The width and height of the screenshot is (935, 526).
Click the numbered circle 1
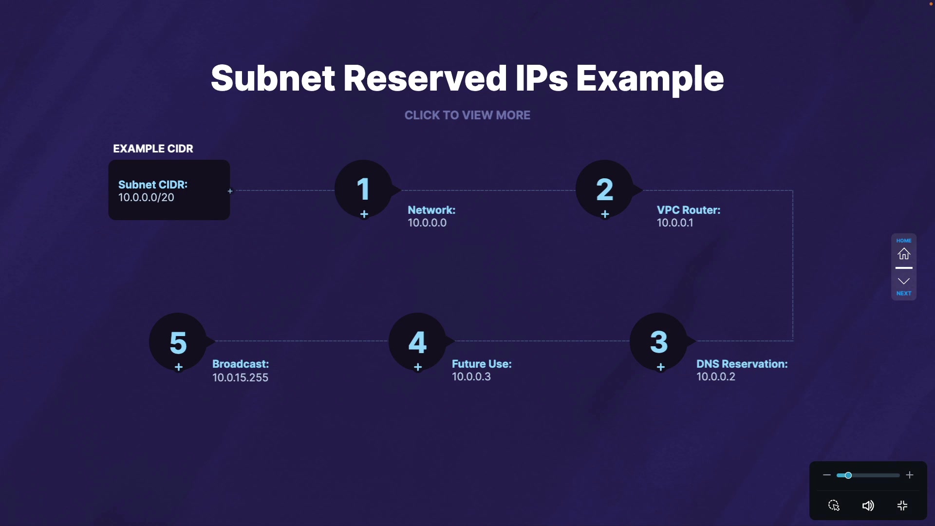click(x=363, y=189)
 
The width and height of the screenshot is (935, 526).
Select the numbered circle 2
click(x=604, y=189)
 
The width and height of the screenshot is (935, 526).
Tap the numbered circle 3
click(x=659, y=342)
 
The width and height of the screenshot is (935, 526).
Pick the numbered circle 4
click(x=417, y=342)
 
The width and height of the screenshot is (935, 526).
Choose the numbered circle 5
click(x=178, y=342)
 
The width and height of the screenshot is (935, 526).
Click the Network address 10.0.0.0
click(x=427, y=223)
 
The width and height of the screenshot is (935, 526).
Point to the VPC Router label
click(x=688, y=210)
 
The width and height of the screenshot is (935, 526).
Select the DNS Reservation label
click(x=742, y=364)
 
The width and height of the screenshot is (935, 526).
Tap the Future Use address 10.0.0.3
click(x=471, y=377)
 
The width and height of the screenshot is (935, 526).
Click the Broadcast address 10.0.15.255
click(x=240, y=377)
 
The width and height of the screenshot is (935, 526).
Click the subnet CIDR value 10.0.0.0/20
click(x=146, y=198)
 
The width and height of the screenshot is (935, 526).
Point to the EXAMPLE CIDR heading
click(x=153, y=149)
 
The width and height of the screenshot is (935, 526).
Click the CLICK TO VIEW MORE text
click(x=467, y=115)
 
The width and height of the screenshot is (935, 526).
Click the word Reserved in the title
click(x=425, y=78)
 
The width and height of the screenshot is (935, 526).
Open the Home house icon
click(x=904, y=254)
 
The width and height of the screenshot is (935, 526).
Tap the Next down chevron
click(x=904, y=282)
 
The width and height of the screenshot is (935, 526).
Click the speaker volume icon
click(x=868, y=506)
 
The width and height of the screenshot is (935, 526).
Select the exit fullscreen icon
click(x=902, y=506)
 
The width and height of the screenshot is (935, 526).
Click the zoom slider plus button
click(x=910, y=475)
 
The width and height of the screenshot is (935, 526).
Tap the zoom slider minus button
click(x=826, y=475)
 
